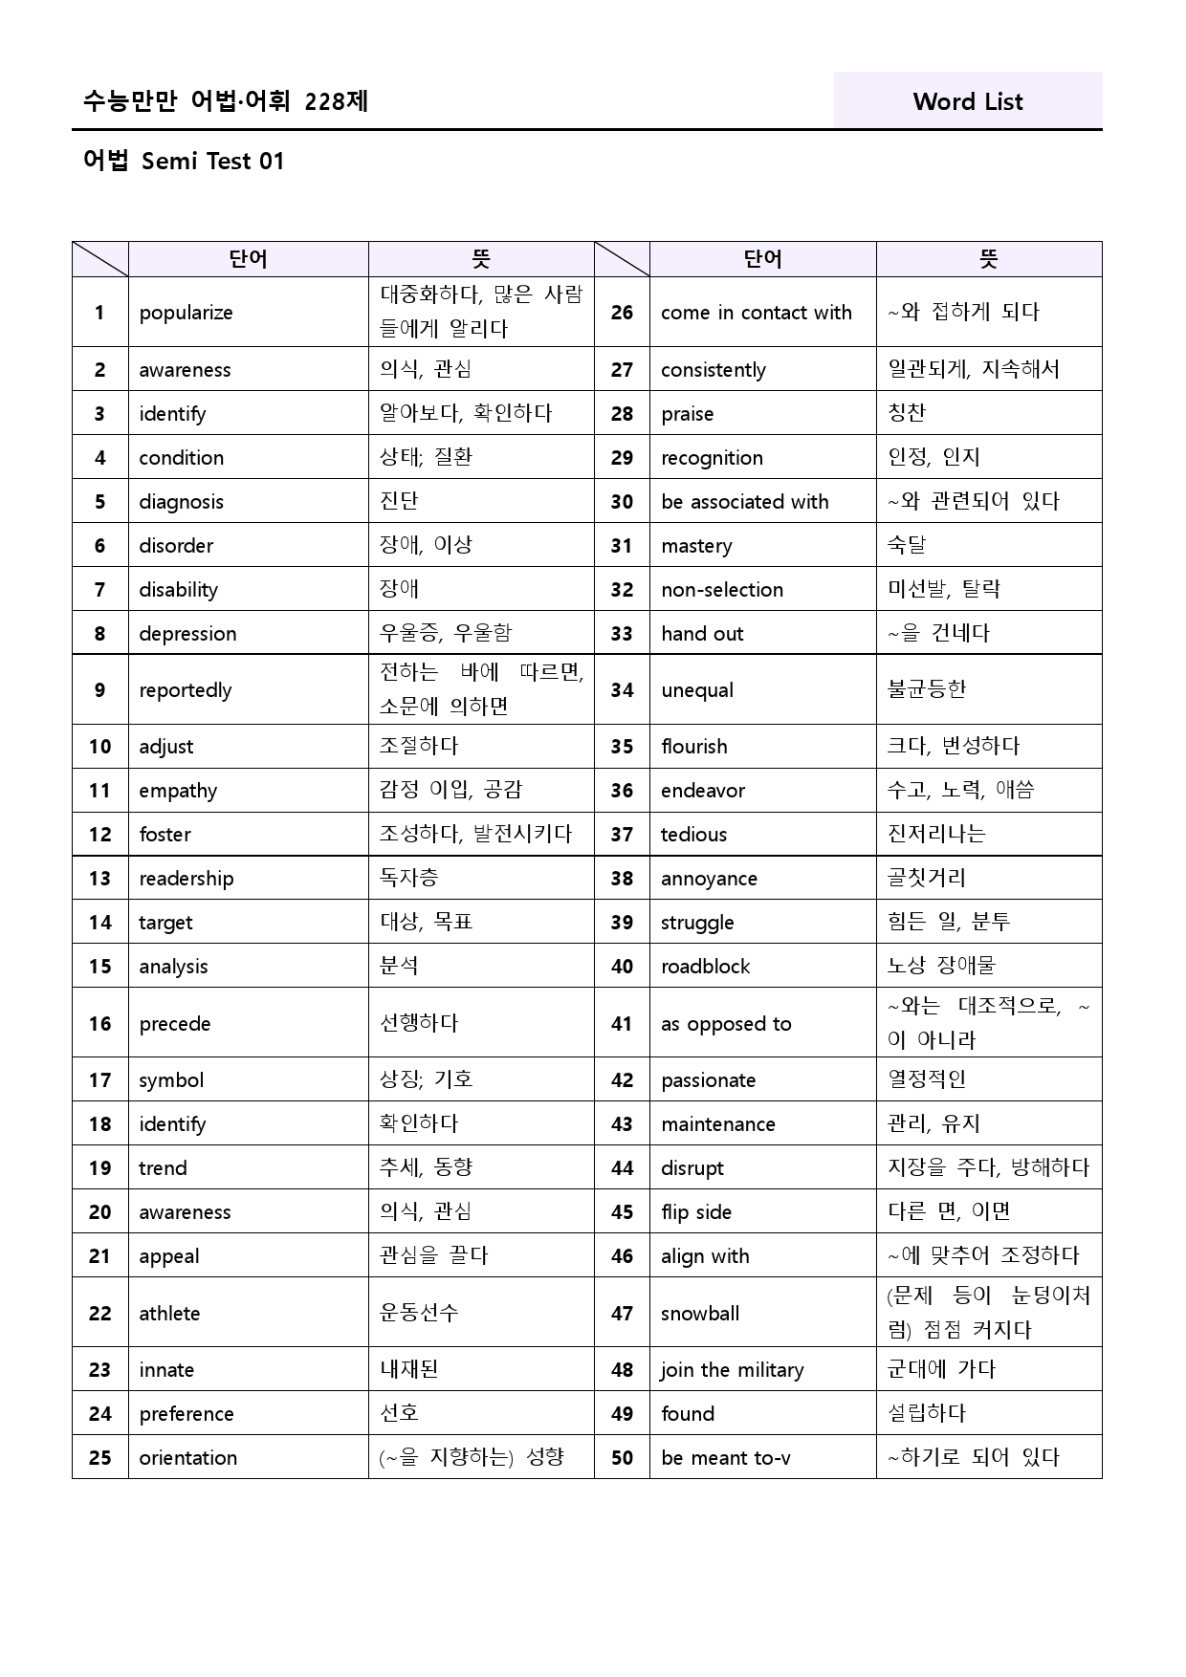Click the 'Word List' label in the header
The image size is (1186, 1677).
(x=967, y=101)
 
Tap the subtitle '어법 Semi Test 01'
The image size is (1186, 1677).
(x=184, y=161)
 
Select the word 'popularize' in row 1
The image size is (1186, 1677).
(x=186, y=313)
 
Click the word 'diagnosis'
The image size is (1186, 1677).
(x=181, y=502)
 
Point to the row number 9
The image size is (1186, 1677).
(x=99, y=689)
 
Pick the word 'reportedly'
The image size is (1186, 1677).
(x=186, y=690)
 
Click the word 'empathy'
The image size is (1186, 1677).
(x=178, y=791)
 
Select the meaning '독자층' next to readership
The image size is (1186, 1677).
(x=409, y=878)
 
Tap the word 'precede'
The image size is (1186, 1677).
(x=174, y=1024)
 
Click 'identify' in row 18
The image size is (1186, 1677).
(x=172, y=1124)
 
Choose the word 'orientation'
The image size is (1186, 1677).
(x=187, y=1458)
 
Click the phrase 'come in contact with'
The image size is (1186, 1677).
(x=756, y=313)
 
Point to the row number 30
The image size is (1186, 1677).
(x=622, y=502)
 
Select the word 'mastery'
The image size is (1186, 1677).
(x=696, y=546)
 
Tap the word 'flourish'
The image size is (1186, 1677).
(x=693, y=747)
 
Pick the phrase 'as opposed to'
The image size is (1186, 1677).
(x=726, y=1024)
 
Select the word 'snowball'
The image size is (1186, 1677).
(x=700, y=1314)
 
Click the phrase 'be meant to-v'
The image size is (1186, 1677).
(x=726, y=1458)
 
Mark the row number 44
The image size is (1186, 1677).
(x=622, y=1168)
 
